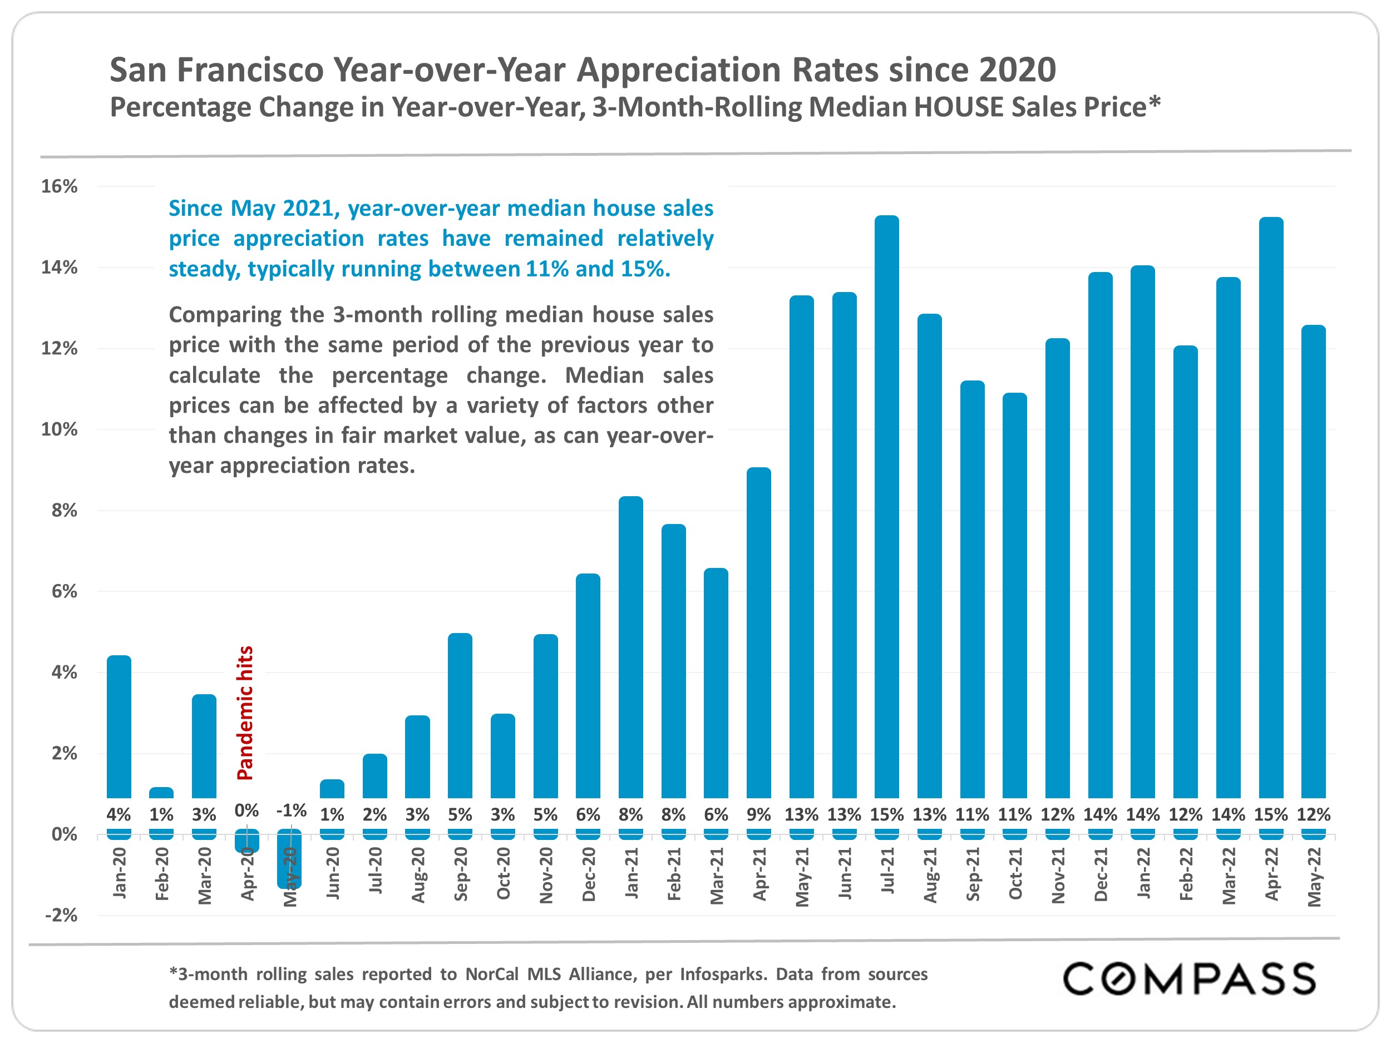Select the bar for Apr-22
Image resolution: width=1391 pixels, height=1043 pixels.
click(x=1270, y=503)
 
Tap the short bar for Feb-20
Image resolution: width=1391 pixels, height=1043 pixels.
click(x=161, y=792)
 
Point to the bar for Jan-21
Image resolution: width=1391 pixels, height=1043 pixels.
click(x=631, y=647)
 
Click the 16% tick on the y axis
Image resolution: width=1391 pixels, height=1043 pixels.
click(x=59, y=186)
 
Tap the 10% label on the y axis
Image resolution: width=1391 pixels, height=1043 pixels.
click(x=59, y=429)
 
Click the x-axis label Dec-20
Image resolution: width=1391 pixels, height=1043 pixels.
click(x=589, y=874)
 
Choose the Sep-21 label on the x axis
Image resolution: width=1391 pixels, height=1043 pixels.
click(x=972, y=874)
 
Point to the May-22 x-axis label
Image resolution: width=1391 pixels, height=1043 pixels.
click(x=1314, y=876)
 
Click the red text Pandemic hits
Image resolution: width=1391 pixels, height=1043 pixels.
click(x=245, y=713)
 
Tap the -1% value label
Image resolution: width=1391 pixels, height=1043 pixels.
click(x=291, y=810)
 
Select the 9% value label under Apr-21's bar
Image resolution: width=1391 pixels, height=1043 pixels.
click(x=758, y=815)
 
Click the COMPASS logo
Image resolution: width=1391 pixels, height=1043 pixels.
click(x=1188, y=979)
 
